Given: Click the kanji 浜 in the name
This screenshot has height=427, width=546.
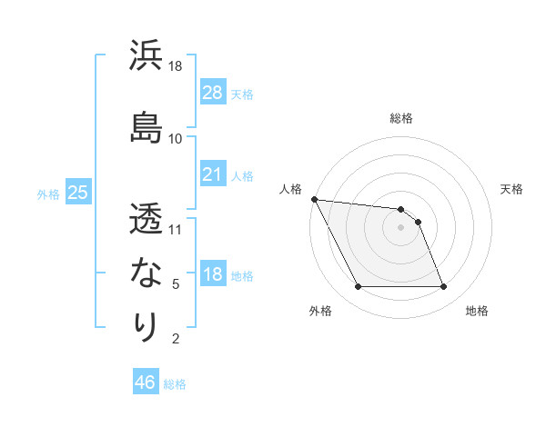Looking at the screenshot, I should click(x=147, y=56).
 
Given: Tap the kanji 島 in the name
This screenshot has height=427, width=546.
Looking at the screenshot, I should click(x=147, y=125).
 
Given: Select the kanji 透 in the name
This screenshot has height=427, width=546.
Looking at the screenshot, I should click(x=147, y=218).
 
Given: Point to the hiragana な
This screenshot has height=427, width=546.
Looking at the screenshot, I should click(x=147, y=272).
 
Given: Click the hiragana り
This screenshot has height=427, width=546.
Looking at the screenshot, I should click(x=147, y=326).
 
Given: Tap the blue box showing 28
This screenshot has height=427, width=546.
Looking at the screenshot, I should click(x=212, y=92).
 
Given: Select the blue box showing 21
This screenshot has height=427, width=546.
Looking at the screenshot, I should click(x=212, y=174).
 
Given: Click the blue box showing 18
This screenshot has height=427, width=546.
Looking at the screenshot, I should click(x=212, y=275).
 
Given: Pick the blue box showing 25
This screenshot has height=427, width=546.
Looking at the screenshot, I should click(x=77, y=193).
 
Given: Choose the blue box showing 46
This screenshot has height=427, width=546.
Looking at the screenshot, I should click(x=145, y=382).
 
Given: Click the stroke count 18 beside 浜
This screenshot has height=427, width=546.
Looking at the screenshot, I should click(x=176, y=67).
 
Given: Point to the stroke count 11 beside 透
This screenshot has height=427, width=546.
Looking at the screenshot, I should click(x=176, y=229).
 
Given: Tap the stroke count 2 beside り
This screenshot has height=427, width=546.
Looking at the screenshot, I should click(x=176, y=339).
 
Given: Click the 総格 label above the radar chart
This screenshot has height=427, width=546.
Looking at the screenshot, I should click(x=400, y=118).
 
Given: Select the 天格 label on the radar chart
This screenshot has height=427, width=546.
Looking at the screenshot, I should click(x=511, y=189).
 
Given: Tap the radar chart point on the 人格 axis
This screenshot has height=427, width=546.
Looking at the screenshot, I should click(x=314, y=199).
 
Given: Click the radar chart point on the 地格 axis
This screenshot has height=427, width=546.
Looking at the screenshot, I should click(x=443, y=287).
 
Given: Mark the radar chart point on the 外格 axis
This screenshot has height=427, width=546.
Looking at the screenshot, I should click(x=358, y=287).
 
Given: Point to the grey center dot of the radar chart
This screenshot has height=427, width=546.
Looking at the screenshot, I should click(x=400, y=227).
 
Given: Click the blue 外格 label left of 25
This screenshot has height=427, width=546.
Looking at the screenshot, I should click(x=48, y=194).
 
